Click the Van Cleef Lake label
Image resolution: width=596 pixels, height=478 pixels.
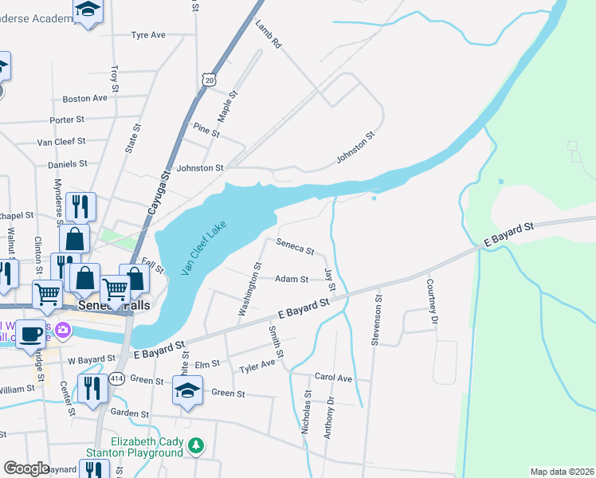(x=203, y=248)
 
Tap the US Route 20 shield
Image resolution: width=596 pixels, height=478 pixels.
(x=209, y=80)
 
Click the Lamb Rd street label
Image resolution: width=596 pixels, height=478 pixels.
(x=269, y=34)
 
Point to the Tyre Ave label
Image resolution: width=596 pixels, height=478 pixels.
(x=147, y=35)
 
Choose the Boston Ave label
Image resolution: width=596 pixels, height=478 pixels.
(x=84, y=99)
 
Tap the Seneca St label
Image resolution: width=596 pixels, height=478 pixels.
(x=295, y=249)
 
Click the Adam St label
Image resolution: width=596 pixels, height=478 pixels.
(x=292, y=280)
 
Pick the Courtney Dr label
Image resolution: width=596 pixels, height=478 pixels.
(x=432, y=296)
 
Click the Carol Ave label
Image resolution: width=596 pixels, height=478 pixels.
(x=333, y=377)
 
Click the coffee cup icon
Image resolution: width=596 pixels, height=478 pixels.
(x=33, y=334)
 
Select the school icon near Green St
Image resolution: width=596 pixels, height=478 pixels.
(x=187, y=391)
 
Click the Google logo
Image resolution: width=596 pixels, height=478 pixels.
(x=27, y=468)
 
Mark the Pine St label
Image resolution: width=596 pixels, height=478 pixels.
(x=206, y=131)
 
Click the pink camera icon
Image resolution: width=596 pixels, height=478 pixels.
(x=62, y=329)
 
